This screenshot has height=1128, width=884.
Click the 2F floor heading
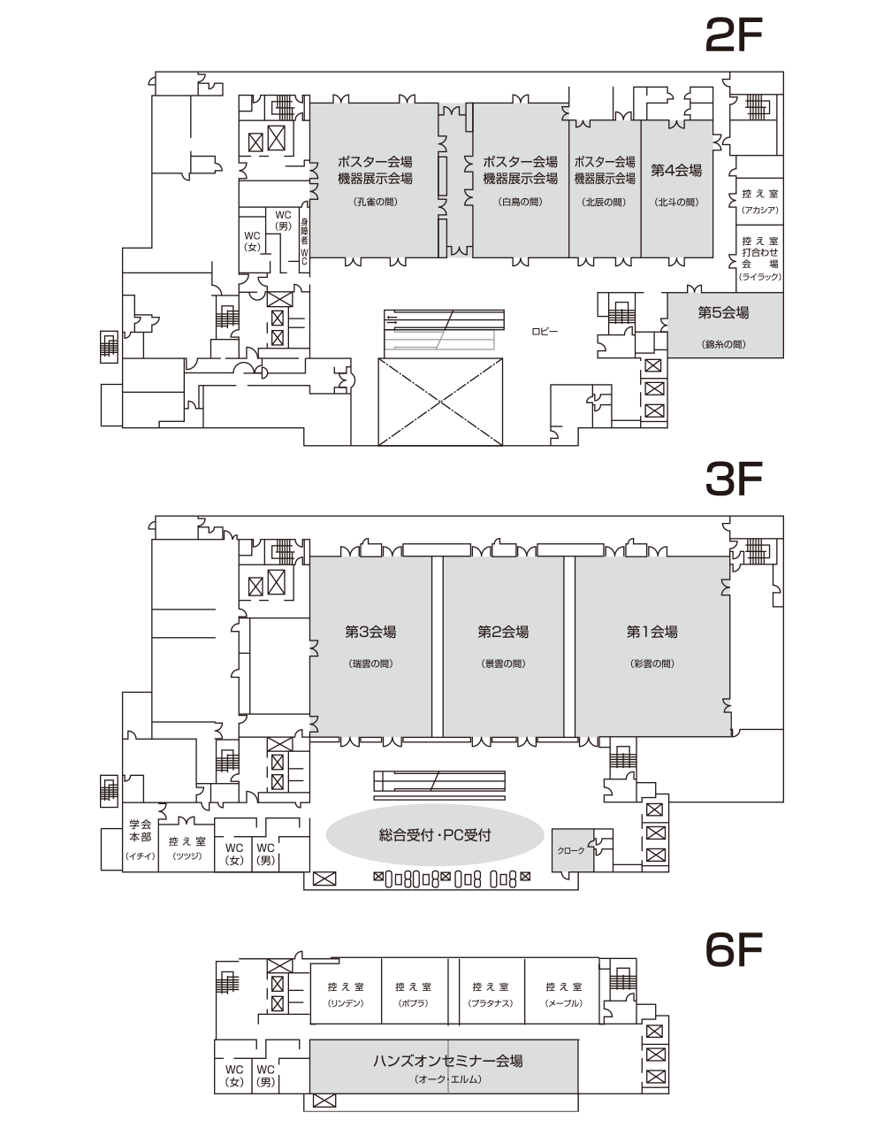click(734, 35)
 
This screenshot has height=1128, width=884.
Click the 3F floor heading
click(734, 479)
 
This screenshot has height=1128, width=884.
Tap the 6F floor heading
click(734, 950)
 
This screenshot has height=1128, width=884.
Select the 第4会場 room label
click(676, 170)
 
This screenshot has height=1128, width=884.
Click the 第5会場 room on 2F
click(724, 325)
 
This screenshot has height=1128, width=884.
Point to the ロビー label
click(545, 331)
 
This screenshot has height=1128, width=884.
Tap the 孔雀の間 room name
click(375, 202)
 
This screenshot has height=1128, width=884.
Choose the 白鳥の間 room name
click(520, 202)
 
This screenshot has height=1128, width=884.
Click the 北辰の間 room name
click(605, 203)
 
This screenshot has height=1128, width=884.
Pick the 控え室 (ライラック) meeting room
click(759, 258)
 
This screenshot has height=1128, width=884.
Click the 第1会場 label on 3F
click(652, 632)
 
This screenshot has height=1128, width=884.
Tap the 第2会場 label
click(503, 632)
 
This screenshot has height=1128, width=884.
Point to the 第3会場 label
click(370, 632)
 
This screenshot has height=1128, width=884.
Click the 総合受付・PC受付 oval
click(434, 835)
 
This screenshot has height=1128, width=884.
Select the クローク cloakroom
click(573, 850)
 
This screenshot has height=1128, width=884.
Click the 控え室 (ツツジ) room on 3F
click(187, 848)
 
